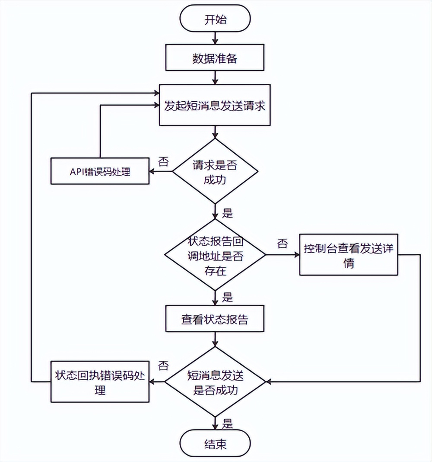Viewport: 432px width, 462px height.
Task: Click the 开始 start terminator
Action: click(215, 20)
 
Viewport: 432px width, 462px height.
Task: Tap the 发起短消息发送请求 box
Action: click(215, 105)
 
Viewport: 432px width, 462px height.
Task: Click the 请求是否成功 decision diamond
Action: click(215, 171)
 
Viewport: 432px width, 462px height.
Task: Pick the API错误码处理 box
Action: click(100, 172)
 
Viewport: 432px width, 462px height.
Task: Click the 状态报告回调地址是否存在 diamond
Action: click(215, 254)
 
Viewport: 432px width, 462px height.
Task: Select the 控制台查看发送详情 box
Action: click(348, 255)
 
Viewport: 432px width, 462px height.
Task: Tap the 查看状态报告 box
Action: click(215, 320)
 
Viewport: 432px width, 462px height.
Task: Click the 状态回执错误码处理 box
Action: click(100, 382)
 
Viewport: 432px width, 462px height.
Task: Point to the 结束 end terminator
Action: click(215, 444)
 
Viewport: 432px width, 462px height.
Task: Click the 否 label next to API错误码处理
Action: click(164, 161)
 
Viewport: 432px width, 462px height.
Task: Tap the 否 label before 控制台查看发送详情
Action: click(283, 244)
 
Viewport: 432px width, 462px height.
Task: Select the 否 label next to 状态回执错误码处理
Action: click(163, 366)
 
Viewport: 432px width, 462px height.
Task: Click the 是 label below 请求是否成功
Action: click(227, 212)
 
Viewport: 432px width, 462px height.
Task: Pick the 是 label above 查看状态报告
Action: click(227, 297)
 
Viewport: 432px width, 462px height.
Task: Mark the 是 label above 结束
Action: click(227, 423)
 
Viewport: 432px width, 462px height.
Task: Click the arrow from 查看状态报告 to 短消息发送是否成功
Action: click(215, 340)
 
